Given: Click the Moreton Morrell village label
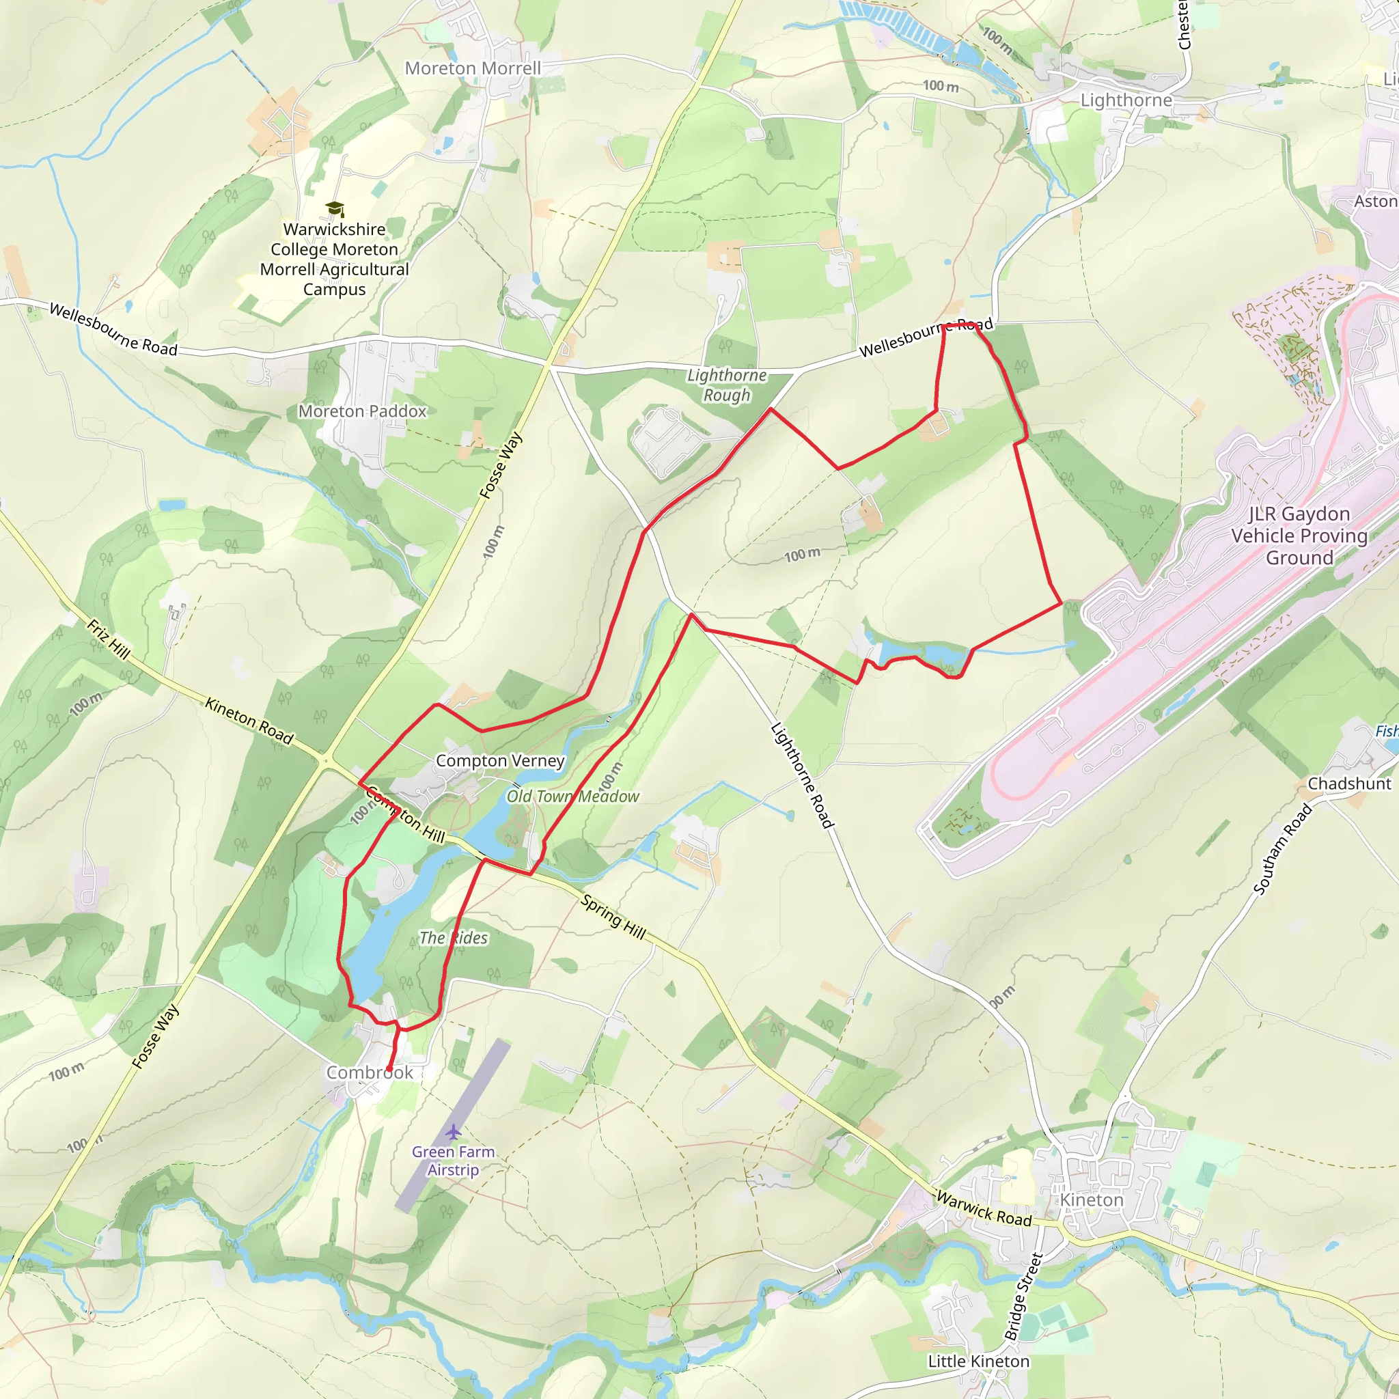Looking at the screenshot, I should point(472,68).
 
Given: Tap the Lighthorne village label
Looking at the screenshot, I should point(1126,100).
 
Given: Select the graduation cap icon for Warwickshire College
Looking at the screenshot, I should point(334,209).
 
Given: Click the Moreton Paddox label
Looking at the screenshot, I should point(362,411).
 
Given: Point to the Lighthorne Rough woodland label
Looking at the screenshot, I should point(726,385).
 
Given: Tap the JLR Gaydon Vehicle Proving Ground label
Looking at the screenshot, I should point(1299,536).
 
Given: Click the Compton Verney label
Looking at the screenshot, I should point(499,760).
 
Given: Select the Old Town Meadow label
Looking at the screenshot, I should point(572,797).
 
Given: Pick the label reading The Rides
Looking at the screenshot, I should point(454,938).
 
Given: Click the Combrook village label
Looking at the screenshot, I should point(370,1072).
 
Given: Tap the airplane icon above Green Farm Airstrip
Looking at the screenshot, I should point(454,1131).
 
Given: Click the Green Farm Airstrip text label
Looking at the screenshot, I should point(454,1160).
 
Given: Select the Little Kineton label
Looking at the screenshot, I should point(978,1361).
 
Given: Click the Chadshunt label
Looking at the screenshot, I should point(1349,784).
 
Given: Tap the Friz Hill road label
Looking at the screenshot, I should point(109,639).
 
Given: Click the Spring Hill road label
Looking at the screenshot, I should point(613,917).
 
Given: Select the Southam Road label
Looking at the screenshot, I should point(1282,849).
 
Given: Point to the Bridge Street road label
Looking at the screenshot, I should point(1023,1296).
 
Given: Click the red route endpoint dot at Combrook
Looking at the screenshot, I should point(389,1069).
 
